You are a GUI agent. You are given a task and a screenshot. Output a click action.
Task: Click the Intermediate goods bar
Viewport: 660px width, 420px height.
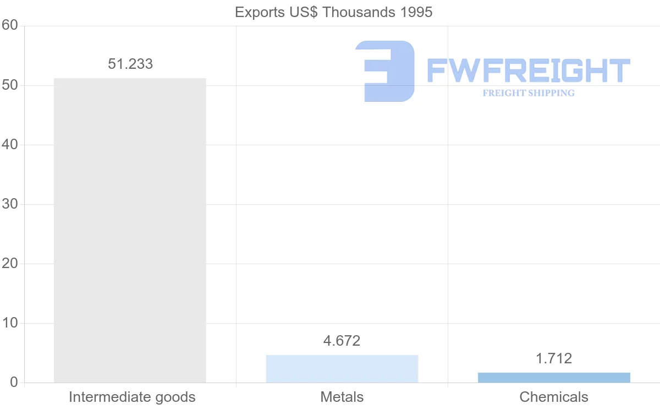pyautogui.click(x=130, y=230)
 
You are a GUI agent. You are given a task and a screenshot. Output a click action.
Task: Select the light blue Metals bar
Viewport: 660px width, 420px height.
pyautogui.click(x=342, y=369)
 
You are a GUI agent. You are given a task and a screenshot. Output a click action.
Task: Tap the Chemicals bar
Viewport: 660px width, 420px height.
pyautogui.click(x=554, y=378)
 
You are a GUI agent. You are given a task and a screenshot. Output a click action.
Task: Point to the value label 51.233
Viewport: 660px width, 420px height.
pyautogui.click(x=130, y=64)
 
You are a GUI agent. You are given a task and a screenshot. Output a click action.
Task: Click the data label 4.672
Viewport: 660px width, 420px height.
pyautogui.click(x=342, y=341)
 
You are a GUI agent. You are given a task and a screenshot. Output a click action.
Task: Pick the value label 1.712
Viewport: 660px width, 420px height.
pyautogui.click(x=554, y=359)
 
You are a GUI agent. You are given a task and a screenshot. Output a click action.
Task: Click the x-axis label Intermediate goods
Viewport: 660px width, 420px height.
pyautogui.click(x=132, y=397)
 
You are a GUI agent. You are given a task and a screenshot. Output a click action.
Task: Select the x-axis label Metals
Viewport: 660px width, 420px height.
pyautogui.click(x=342, y=397)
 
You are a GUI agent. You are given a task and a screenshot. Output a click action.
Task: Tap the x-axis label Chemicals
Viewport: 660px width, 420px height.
pyautogui.click(x=554, y=397)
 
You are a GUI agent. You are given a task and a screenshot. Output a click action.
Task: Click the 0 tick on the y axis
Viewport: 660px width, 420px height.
pyautogui.click(x=14, y=383)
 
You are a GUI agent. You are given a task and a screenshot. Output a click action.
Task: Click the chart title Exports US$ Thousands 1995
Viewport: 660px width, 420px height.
pyautogui.click(x=333, y=12)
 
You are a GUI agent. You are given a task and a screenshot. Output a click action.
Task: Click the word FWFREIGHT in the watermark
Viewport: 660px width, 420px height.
pyautogui.click(x=528, y=70)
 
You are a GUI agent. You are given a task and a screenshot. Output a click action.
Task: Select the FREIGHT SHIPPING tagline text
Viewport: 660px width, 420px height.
pyautogui.click(x=528, y=93)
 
